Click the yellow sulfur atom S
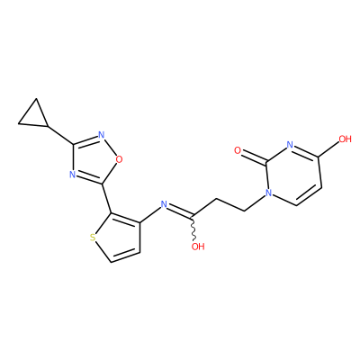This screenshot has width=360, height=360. tap(93, 238)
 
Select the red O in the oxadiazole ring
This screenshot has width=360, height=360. tap(120, 159)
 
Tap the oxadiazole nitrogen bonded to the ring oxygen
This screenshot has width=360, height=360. tap(102, 135)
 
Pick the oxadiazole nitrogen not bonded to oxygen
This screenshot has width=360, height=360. tap(72, 175)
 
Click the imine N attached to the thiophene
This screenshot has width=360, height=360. tap(164, 204)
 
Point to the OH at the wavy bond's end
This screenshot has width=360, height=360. tap(198, 247)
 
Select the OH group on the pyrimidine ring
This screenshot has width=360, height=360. tap(345, 139)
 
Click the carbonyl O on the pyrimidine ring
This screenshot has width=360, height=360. tap(238, 150)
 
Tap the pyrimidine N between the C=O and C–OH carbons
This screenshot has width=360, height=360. tap(290, 145)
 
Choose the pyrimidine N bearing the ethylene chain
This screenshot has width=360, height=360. tap(269, 193)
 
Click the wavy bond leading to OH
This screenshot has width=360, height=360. tap(193, 228)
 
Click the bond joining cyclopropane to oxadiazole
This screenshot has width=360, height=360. tap(60, 135)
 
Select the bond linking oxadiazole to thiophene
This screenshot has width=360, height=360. tap(107, 198)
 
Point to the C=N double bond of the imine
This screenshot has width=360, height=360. tap(180, 211)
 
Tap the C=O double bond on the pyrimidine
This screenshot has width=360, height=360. tap(254, 157)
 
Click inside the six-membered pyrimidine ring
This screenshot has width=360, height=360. tap(294, 175)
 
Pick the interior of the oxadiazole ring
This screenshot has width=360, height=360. tap(94, 160)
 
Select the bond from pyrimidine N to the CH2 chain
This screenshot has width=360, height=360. tap(255, 203)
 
